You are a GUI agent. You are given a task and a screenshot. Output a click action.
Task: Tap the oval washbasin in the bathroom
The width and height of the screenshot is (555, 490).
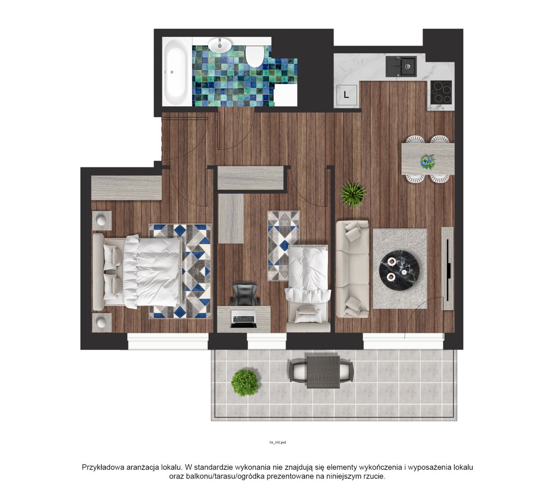[220, 45]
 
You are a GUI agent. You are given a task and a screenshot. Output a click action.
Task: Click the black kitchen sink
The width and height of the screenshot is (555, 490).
[401, 66]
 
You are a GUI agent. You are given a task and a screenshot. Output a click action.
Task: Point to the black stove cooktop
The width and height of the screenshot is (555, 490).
[441, 92]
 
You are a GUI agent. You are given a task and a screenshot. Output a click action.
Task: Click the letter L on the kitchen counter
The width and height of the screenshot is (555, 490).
[346, 95]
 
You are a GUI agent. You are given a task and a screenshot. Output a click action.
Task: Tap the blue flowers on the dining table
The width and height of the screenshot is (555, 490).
[427, 162]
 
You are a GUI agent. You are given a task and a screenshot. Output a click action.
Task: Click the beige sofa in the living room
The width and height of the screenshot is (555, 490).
[352, 269]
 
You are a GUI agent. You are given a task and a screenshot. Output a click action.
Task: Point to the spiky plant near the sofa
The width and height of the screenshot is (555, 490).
[352, 194]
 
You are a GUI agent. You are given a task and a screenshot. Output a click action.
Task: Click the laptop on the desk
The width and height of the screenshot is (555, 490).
[244, 319]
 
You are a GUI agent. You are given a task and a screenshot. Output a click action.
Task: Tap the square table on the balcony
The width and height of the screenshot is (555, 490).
[323, 372]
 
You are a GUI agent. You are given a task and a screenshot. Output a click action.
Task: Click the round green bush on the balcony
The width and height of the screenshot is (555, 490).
[245, 383]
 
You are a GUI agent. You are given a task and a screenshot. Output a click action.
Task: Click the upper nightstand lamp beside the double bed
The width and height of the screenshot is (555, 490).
[102, 220]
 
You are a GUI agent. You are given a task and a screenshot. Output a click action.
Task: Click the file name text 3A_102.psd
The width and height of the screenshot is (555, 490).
[277, 442]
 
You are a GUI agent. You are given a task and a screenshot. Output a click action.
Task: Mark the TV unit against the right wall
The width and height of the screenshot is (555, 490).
[448, 268]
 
